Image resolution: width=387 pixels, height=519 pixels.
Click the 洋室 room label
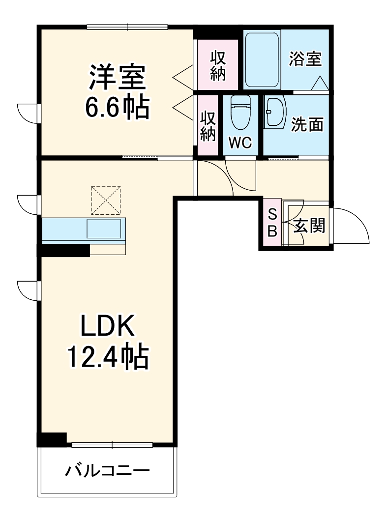pyautogui.click(x=117, y=78)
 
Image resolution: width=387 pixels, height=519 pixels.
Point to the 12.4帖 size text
pyautogui.click(x=107, y=357)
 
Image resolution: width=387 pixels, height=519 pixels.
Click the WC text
pyautogui.click(x=240, y=143)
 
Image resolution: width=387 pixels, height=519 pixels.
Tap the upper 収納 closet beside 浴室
pyautogui.click(x=218, y=65)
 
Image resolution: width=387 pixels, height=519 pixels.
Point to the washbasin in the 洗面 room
pyautogui.click(x=274, y=112)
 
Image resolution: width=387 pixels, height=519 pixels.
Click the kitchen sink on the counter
pyautogui.click(x=104, y=229)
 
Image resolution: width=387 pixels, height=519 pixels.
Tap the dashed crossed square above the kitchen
pyautogui.click(x=106, y=200)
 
